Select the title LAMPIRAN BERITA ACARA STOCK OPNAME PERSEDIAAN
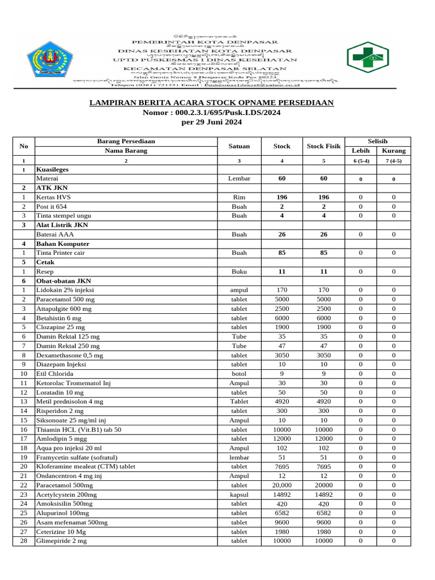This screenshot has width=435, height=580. [x=212, y=103]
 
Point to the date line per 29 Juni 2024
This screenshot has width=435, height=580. [x=211, y=122]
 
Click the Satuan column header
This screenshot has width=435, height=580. [x=239, y=146]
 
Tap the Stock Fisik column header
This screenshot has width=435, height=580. [x=323, y=146]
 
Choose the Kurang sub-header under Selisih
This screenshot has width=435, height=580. [x=394, y=151]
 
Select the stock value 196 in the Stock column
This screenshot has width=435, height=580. [x=282, y=197]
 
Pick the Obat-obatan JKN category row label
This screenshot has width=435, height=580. [x=63, y=281]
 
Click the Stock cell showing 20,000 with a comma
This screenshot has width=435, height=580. [x=282, y=485]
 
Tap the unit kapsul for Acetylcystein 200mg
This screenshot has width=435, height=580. [x=239, y=494]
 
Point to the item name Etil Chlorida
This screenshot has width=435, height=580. [x=55, y=374]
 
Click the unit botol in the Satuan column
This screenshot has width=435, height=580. [x=239, y=374]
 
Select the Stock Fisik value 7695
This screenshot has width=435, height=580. [x=323, y=467]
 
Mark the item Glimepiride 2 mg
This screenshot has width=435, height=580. [x=61, y=541]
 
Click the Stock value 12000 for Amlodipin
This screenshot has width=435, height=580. [x=282, y=439]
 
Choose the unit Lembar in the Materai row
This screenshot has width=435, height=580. [x=239, y=178]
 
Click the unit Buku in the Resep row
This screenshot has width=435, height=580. [x=239, y=272]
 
